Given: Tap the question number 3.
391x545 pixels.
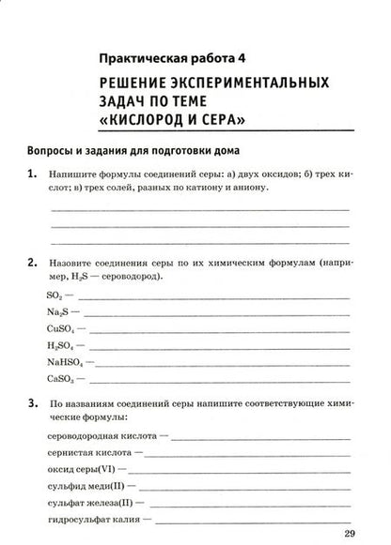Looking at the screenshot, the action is [33, 402].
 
